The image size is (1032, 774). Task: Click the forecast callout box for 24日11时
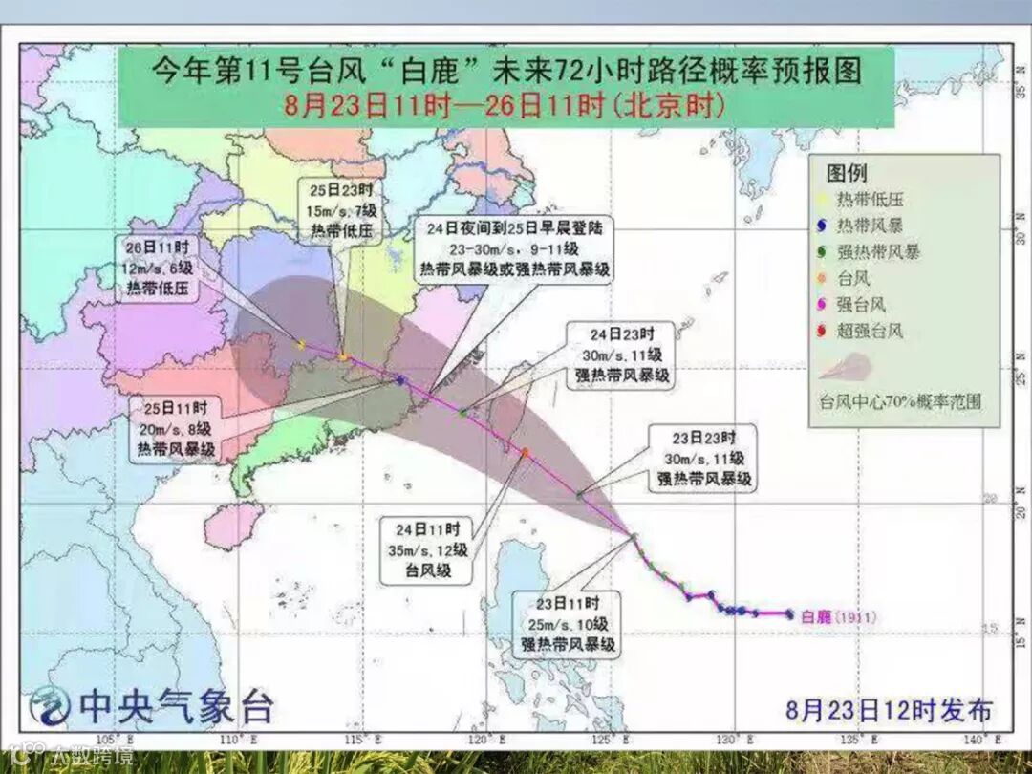pos(428,550)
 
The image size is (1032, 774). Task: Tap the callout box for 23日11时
pos(569,624)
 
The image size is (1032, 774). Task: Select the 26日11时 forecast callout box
pos(161,269)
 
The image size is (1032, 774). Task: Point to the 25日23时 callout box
pos(339,209)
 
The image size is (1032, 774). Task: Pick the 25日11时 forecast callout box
pos(175,426)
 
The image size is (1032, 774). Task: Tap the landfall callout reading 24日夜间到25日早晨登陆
pos(516,250)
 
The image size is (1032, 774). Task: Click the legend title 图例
pos(847,173)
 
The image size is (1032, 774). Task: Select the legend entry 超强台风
pos(870,332)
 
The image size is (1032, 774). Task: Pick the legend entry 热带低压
pos(870,200)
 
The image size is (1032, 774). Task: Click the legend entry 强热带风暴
pos(877,252)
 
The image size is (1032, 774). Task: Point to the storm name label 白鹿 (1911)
pos(837,616)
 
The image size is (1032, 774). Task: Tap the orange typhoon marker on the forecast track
pos(525,451)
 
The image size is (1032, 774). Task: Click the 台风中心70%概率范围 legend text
pos(900,401)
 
